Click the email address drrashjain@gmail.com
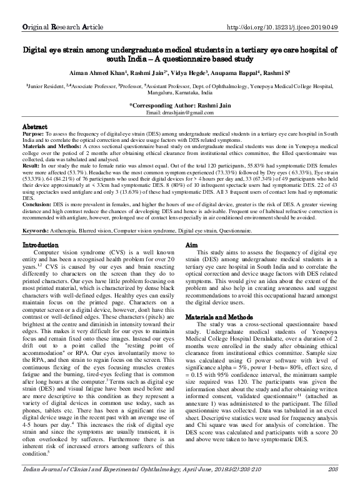(x=181, y=112)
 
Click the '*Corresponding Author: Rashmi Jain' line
(x=180, y=105)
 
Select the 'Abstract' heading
(x=34, y=126)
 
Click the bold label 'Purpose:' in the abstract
(x=32, y=134)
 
